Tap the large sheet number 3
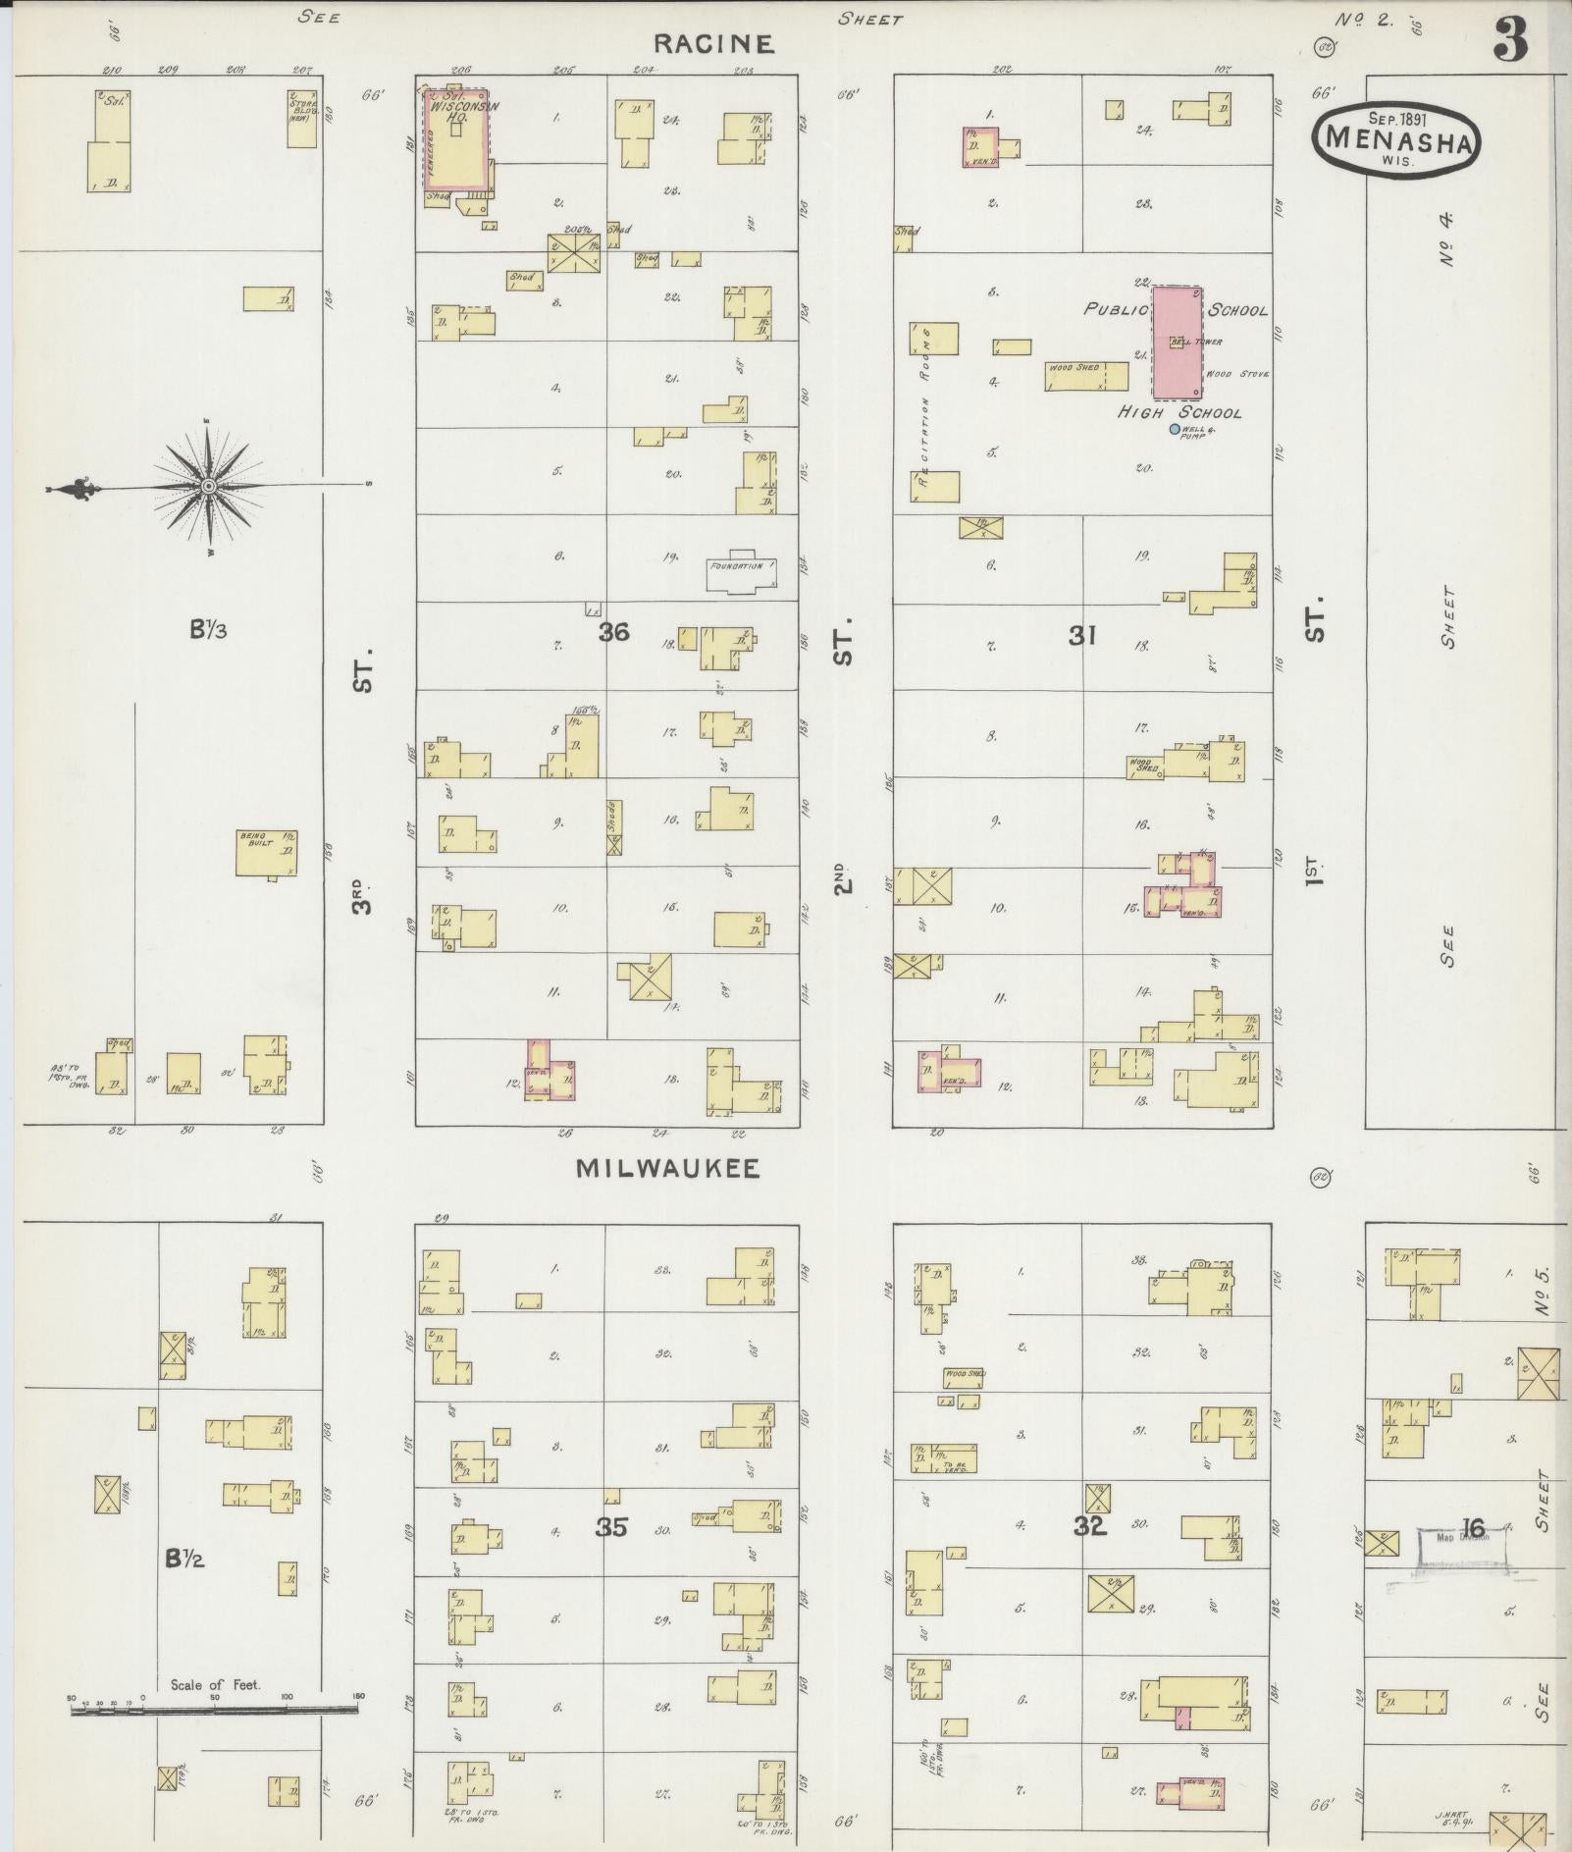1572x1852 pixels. click(x=1511, y=39)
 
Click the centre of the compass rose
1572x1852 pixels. click(x=208, y=486)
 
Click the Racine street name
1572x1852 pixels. click(x=713, y=43)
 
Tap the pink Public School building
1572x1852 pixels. click(x=1177, y=343)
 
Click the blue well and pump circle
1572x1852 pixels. click(x=1175, y=429)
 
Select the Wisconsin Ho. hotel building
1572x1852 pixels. click(x=455, y=136)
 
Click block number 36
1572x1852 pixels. click(x=613, y=632)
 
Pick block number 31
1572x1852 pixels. click(x=1081, y=636)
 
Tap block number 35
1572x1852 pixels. click(x=611, y=1526)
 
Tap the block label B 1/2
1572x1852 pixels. click(x=184, y=1558)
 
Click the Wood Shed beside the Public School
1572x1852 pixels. click(x=1086, y=376)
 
